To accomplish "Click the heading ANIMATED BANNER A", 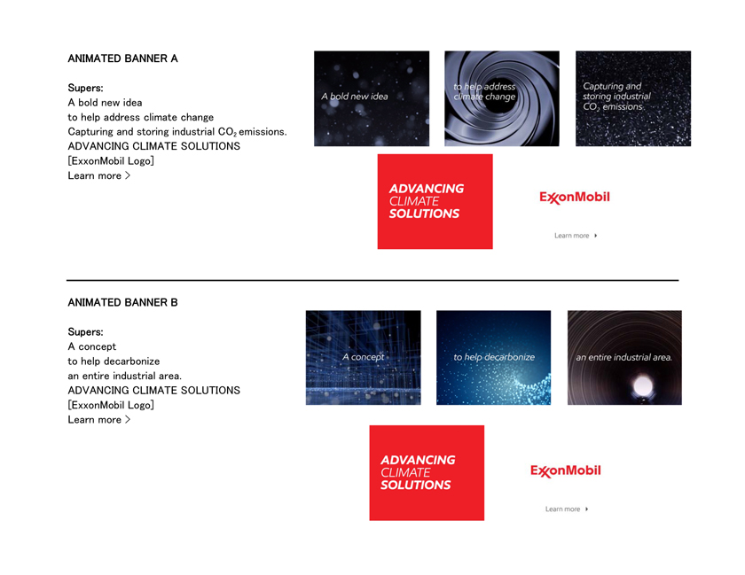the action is (122, 58).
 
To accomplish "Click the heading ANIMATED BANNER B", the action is (122, 302).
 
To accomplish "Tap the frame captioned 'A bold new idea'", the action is (372, 98).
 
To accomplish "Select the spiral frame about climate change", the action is (502, 98).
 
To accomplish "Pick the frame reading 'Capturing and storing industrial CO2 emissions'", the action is (633, 98).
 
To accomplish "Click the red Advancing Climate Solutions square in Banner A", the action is (435, 201).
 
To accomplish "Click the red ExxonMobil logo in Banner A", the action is (575, 197).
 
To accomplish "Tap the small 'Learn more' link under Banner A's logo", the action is (576, 236).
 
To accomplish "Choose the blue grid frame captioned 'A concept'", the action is (364, 358).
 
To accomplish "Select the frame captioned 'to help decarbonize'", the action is (494, 358).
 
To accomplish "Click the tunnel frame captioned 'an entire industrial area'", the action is (624, 358).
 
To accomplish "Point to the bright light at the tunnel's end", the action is (642, 385).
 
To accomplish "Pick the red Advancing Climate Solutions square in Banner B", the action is (427, 473).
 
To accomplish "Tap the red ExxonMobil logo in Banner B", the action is (566, 470).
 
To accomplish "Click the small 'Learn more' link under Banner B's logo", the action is (567, 509).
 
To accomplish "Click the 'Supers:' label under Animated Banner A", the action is (85, 88).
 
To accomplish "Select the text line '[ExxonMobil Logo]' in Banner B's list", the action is (111, 405).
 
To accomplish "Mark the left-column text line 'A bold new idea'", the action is (105, 103).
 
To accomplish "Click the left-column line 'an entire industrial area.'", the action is (125, 376).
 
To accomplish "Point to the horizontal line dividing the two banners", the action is (372, 280).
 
